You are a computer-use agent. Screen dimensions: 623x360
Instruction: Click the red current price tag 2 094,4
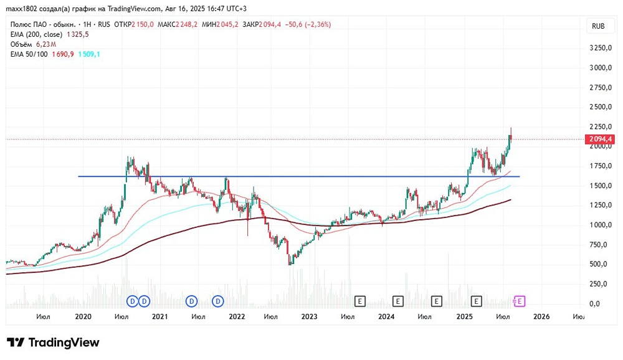(600, 139)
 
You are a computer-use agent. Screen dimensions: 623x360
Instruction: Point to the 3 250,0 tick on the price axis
(601, 48)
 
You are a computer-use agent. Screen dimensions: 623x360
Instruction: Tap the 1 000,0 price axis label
(601, 225)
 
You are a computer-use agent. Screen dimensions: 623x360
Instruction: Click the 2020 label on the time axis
(83, 316)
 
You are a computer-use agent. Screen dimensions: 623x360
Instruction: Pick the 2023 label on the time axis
(309, 316)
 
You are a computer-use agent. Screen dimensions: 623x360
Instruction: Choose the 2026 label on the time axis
(541, 316)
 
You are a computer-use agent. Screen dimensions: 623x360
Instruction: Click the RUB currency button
(598, 26)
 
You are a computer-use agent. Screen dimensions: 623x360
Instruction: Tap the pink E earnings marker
(520, 301)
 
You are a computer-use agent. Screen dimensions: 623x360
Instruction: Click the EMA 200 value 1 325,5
(77, 35)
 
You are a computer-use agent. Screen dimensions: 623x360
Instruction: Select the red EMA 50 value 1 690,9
(63, 54)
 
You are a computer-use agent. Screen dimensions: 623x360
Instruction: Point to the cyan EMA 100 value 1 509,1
(89, 54)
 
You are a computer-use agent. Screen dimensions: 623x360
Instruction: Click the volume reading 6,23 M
(46, 44)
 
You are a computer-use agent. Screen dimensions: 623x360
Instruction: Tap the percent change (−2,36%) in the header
(318, 25)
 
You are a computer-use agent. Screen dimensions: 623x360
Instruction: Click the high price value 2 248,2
(186, 25)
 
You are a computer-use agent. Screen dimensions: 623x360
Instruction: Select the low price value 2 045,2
(227, 25)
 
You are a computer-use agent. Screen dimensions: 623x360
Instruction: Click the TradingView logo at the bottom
(53, 343)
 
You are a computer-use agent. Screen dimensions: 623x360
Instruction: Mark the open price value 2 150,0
(143, 25)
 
